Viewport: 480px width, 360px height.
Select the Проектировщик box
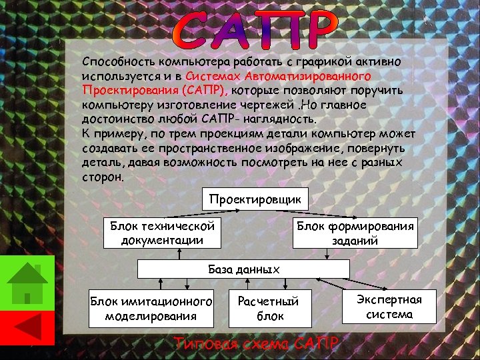(255, 199)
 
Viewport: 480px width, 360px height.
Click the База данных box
(243, 269)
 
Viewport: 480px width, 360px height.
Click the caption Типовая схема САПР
(257, 344)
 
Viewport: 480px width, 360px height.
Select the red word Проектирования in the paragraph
(127, 90)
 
